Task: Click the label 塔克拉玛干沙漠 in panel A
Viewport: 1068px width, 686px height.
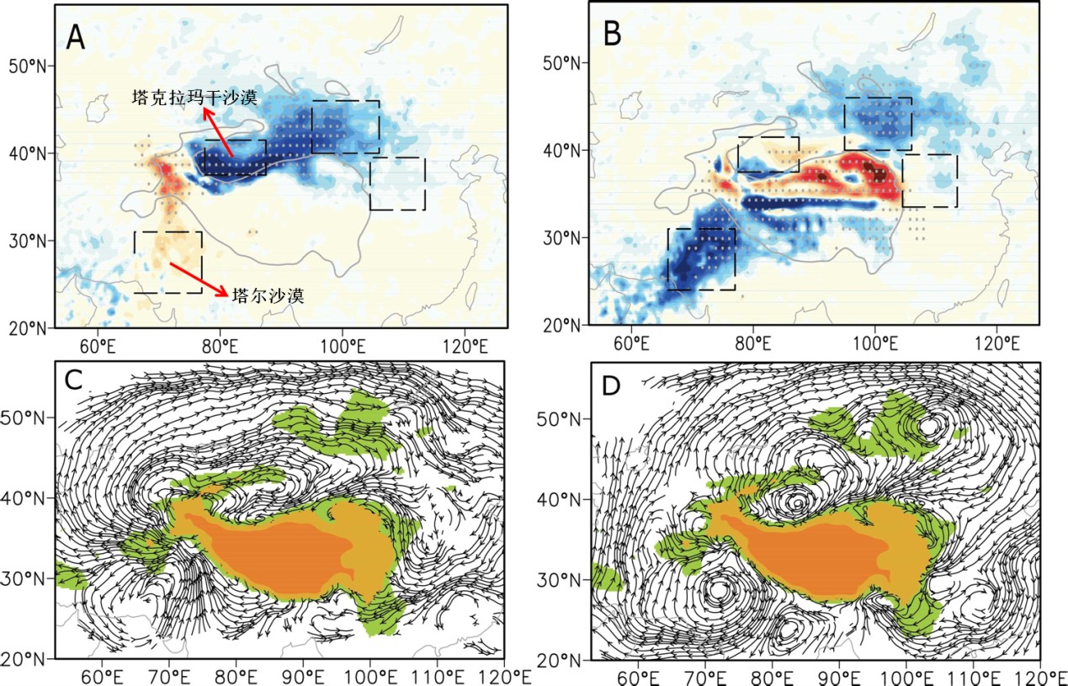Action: point(195,98)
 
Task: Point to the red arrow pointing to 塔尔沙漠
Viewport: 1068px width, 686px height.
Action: point(199,280)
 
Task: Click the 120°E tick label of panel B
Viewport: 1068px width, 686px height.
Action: point(997,343)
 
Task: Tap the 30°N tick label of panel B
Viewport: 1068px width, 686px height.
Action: point(566,238)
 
